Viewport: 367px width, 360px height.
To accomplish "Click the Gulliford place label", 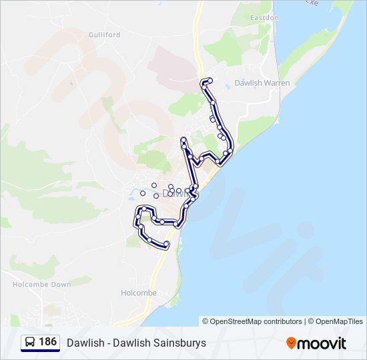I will pos(104,34).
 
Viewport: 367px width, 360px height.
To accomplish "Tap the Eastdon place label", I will pos(264,17).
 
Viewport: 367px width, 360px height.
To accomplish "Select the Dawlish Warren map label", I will pos(262,83).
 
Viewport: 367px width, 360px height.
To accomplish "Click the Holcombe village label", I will pos(139,293).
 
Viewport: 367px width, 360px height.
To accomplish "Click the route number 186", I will pos(48,342).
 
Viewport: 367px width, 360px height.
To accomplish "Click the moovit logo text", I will pos(322,343).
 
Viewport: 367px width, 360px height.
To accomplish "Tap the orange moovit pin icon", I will pos(291,343).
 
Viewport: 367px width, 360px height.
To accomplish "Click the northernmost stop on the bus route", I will pos(210,81).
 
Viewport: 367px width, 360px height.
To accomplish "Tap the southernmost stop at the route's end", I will pos(165,245).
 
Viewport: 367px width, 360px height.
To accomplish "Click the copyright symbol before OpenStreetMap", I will pos(206,321).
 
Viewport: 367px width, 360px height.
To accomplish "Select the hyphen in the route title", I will pos(107,343).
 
